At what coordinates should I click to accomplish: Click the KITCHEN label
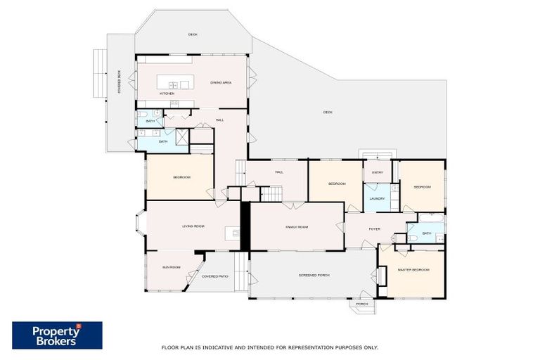coord(167,94)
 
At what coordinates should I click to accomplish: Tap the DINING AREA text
coord(221,83)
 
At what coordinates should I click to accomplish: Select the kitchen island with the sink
coord(174,84)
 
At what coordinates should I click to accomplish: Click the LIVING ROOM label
coord(193,226)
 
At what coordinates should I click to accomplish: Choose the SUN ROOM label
coord(172,267)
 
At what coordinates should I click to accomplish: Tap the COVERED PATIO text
coord(214,276)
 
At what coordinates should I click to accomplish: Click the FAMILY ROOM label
coord(297,227)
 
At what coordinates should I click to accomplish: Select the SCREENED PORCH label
coord(314,275)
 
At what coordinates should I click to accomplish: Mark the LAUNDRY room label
coord(377,199)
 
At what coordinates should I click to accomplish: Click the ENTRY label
coord(378,172)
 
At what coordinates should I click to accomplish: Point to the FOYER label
coord(374,228)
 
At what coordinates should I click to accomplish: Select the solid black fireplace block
coord(245,226)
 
